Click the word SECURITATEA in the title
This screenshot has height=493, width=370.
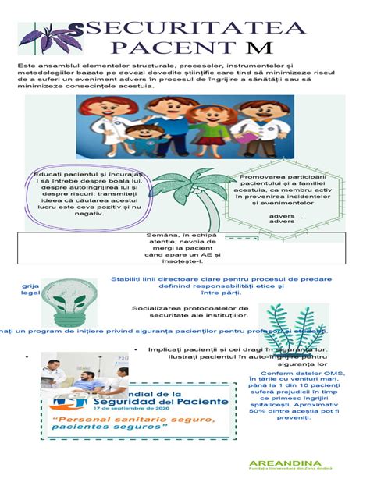195,29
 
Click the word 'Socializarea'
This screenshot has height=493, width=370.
158,308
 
